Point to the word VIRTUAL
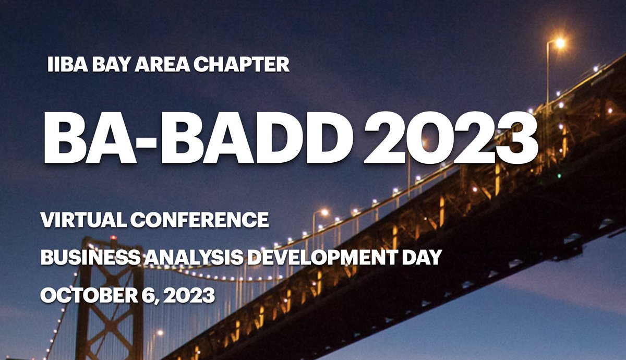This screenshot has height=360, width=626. coord(83,220)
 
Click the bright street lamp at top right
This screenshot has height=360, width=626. coord(559,43)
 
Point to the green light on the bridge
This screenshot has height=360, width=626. coord(559,176)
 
